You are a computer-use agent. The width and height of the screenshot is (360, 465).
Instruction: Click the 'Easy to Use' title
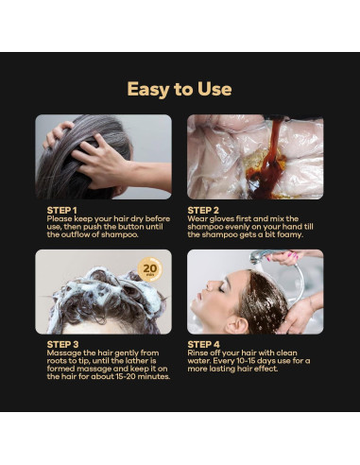coord(180,89)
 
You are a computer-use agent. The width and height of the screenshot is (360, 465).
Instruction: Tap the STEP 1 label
coord(62,209)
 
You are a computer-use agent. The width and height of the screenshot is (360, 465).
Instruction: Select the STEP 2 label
coord(204,209)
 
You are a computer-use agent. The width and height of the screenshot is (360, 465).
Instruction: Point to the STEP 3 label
coord(62,343)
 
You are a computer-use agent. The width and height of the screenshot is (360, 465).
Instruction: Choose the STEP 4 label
coord(204,343)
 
